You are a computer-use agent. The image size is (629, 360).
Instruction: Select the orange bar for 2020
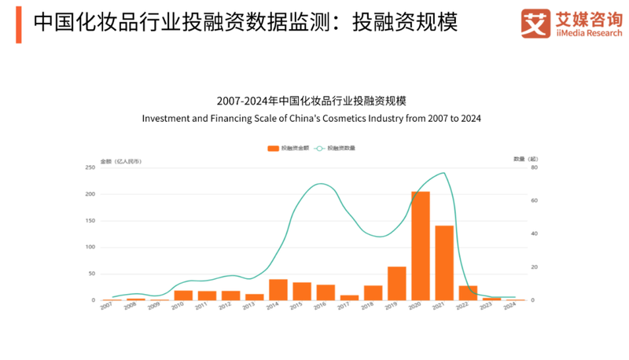point(421,246)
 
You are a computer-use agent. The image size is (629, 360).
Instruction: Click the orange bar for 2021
point(444,263)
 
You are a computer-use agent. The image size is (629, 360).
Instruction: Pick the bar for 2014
point(278,289)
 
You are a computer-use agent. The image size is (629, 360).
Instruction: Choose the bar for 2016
point(326,292)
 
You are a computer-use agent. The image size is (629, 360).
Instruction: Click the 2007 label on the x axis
point(107,307)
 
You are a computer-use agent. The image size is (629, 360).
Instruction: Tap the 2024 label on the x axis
point(509,307)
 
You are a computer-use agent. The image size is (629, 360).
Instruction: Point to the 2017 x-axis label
point(344,307)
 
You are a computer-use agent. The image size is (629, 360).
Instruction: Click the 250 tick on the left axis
point(90,167)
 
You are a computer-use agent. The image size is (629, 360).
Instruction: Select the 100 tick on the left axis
point(90,247)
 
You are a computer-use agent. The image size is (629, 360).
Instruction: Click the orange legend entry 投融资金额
point(289,148)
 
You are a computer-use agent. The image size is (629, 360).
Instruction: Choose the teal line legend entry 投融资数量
point(336,148)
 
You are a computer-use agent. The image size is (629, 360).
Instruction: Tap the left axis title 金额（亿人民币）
point(121,160)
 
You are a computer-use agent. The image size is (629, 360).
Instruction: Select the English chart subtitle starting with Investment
point(311,119)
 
